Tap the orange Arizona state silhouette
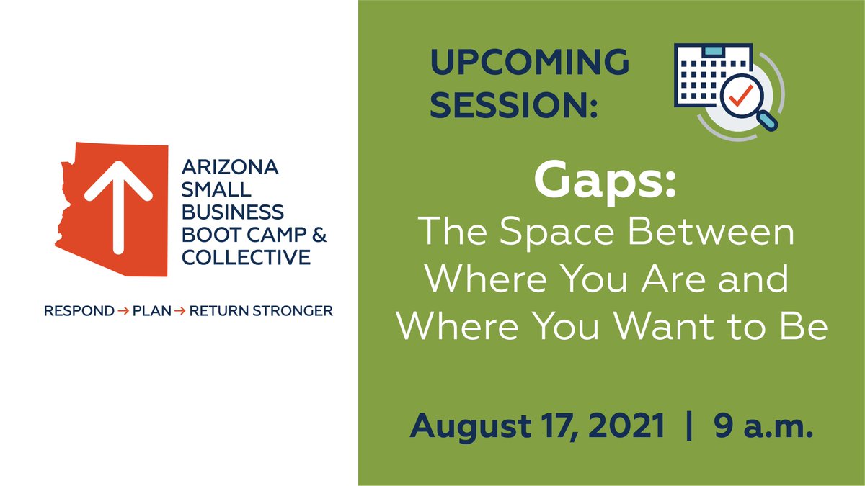79,230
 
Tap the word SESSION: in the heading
517,106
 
